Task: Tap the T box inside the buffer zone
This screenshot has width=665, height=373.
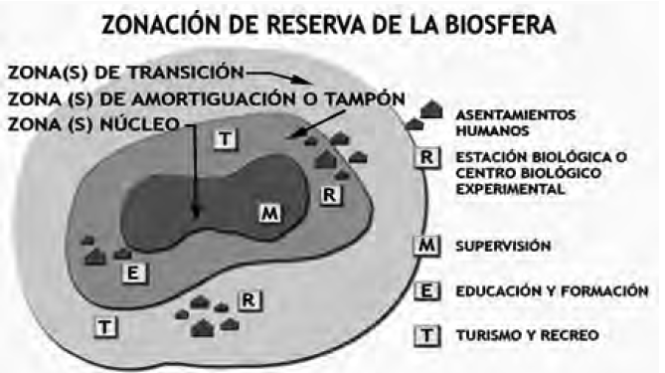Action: (226, 139)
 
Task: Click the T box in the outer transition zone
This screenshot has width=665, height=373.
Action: (103, 323)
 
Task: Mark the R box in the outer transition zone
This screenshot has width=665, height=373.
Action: (249, 297)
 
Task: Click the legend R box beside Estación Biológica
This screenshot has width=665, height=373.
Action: (425, 157)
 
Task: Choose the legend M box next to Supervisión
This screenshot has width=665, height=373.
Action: (425, 245)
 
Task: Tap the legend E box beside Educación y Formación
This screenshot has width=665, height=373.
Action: (425, 290)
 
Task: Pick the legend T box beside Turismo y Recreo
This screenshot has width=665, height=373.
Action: (425, 334)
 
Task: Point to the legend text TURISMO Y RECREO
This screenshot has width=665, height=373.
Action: (526, 334)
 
